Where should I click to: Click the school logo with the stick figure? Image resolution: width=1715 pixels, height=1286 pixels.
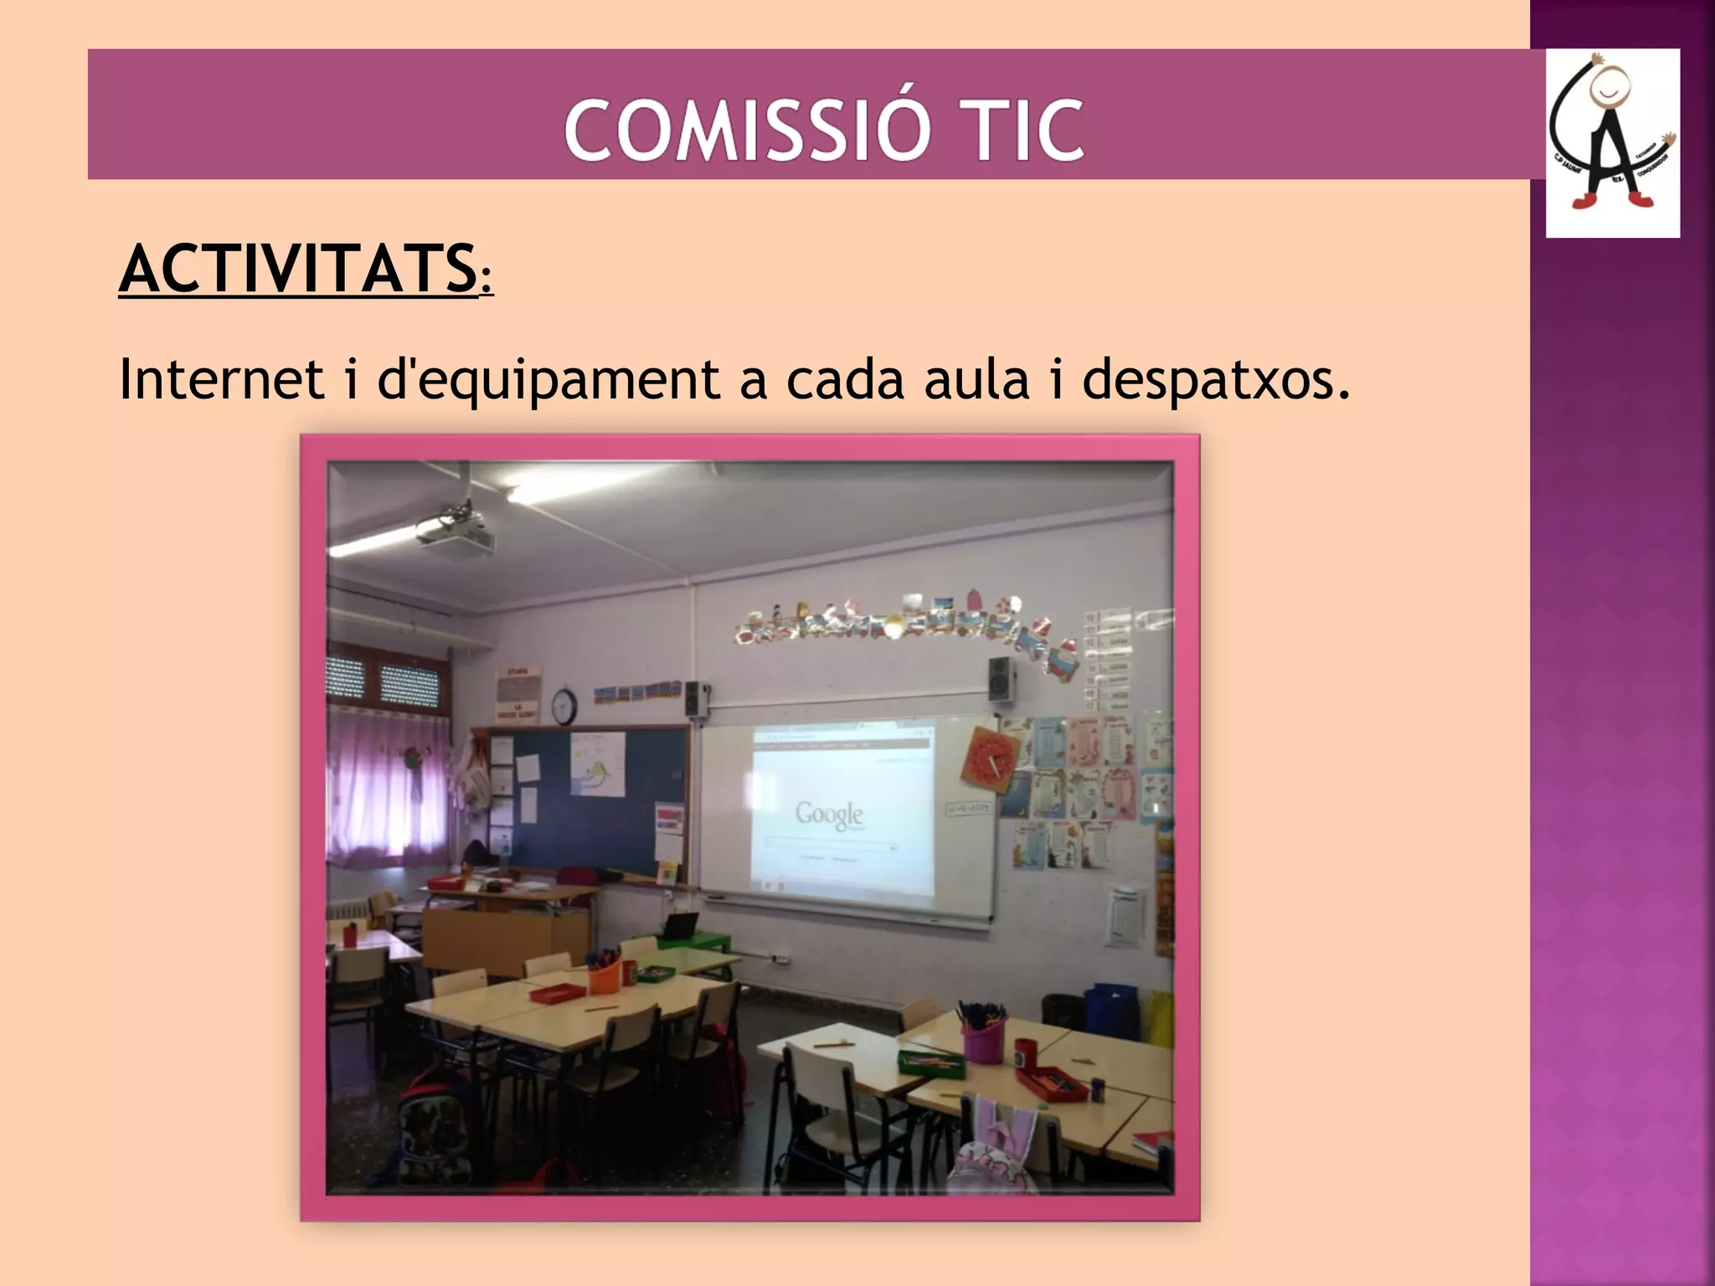point(1612,143)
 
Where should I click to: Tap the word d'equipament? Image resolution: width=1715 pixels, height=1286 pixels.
point(548,379)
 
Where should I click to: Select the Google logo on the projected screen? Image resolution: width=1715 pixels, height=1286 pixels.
point(829,814)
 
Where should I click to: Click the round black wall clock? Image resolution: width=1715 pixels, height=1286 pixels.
point(564,706)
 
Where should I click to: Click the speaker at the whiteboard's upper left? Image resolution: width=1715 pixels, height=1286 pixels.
point(695,699)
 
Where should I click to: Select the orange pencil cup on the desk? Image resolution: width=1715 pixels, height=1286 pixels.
point(603,975)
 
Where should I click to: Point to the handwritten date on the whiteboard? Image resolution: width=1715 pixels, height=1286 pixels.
point(967,808)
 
